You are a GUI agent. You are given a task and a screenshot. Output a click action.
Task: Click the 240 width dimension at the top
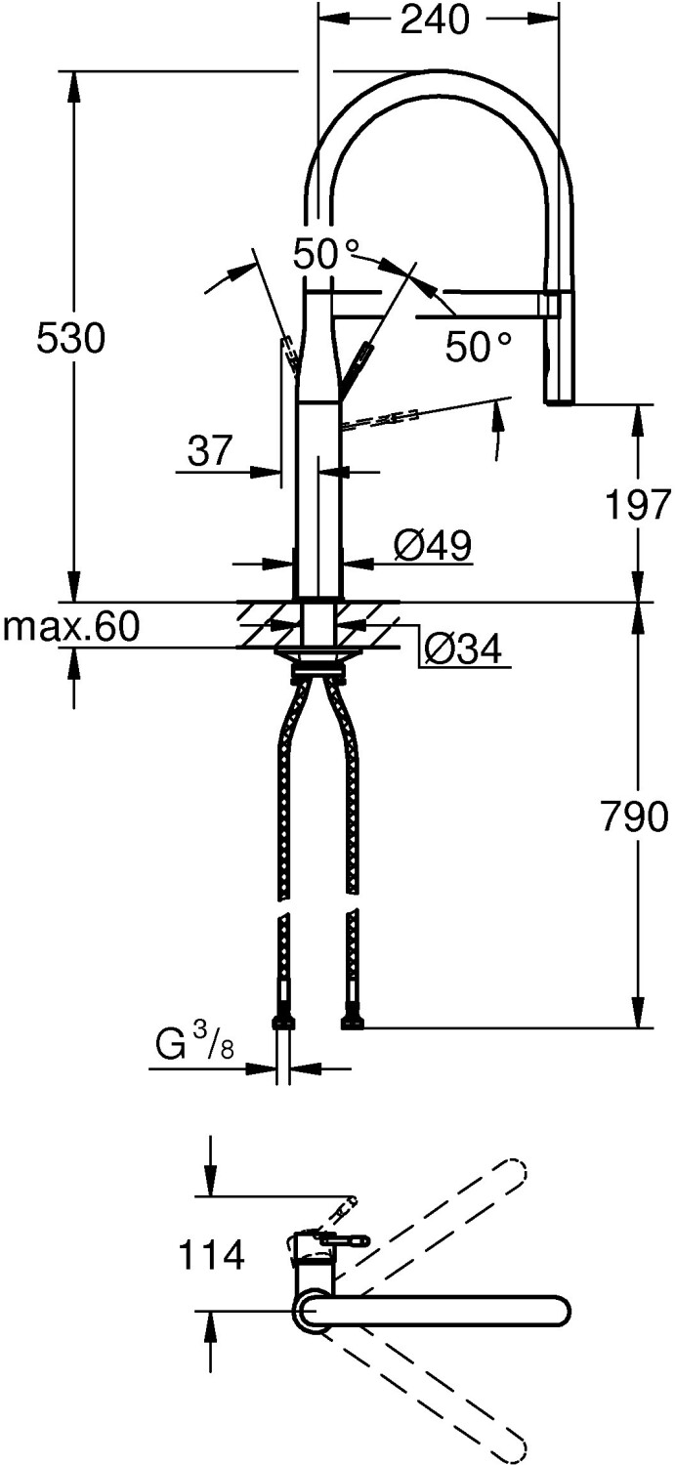(x=435, y=21)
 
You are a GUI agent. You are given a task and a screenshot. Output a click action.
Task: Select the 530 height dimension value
(x=70, y=339)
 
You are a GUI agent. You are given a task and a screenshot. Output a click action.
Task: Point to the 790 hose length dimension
(x=634, y=816)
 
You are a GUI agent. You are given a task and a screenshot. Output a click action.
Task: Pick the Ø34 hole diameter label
(x=463, y=649)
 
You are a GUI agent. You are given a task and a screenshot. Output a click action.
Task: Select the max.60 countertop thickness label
(x=71, y=627)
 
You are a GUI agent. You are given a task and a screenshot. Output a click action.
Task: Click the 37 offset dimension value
(x=210, y=450)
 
